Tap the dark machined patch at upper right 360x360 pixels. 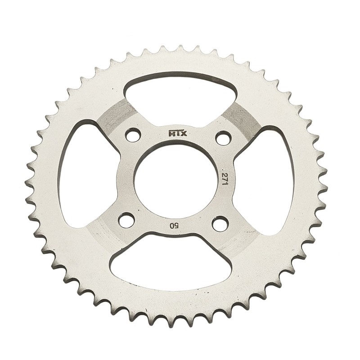[241, 118]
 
